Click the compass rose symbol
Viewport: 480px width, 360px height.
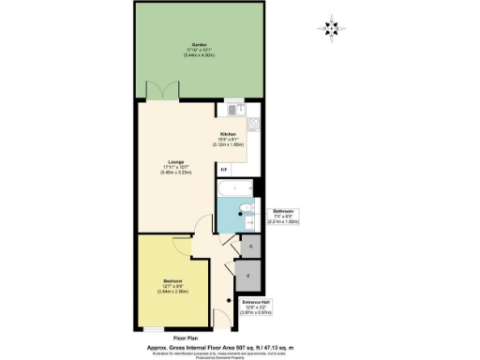pyautogui.click(x=331, y=29)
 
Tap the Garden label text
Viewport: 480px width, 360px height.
pyautogui.click(x=200, y=45)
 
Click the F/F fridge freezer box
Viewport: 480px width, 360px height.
pyautogui.click(x=223, y=169)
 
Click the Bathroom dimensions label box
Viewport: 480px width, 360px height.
pyautogui.click(x=285, y=217)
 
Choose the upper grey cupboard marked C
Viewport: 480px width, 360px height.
pyautogui.click(x=246, y=246)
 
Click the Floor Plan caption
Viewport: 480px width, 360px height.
pyautogui.click(x=186, y=335)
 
